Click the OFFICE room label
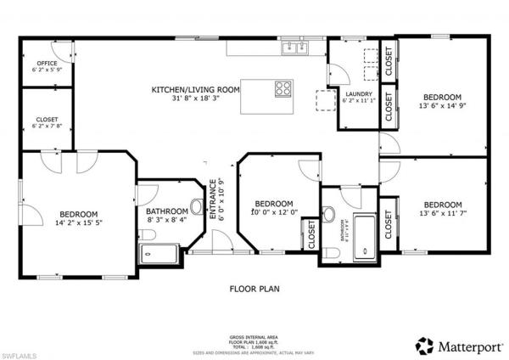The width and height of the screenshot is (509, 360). [x=46, y=61]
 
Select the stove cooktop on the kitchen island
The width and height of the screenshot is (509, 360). [x=282, y=87]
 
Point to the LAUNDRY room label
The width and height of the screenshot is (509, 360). [x=359, y=93]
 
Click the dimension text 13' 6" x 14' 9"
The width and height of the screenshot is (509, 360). [x=443, y=105]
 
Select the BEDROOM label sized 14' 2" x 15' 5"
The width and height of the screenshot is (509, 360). [x=78, y=214]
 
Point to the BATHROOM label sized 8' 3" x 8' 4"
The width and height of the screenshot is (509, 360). [x=166, y=211]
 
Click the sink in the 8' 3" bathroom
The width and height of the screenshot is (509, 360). [x=197, y=206]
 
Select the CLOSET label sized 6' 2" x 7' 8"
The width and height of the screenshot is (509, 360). [x=46, y=120]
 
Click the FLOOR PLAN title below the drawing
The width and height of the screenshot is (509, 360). [x=255, y=289]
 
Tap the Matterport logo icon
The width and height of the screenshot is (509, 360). [x=423, y=346]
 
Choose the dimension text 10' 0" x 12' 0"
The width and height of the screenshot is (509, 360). [x=274, y=212]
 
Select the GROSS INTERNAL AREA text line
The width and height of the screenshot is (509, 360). [x=255, y=337]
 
